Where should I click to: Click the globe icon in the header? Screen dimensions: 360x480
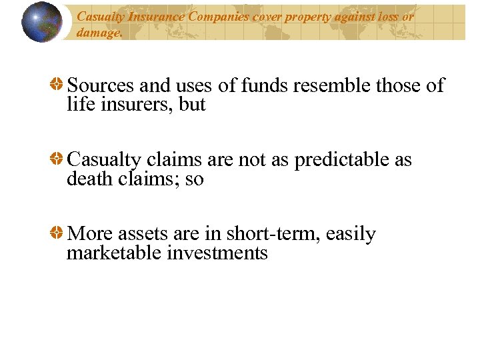coord(41,22)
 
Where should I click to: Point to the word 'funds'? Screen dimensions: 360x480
coord(259,86)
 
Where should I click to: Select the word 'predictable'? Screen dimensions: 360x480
coord(335,161)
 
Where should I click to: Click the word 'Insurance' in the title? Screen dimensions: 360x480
coord(143,17)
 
